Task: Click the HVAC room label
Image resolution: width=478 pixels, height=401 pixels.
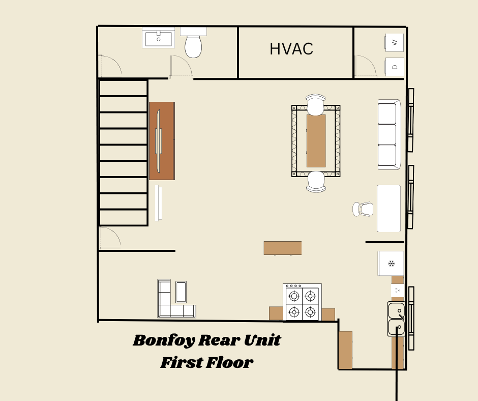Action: [x=291, y=49]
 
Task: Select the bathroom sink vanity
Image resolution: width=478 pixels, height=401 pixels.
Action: [x=158, y=38]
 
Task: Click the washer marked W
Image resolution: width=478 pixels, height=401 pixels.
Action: [x=395, y=42]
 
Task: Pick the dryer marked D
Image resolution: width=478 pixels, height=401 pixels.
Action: [x=395, y=67]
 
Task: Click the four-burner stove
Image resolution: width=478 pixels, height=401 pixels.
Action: [x=302, y=302]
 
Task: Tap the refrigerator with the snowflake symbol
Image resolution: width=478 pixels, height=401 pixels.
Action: [x=391, y=263]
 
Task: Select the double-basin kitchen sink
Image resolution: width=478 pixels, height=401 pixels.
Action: [x=396, y=319]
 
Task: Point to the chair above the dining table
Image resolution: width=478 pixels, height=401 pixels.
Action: [x=315, y=105]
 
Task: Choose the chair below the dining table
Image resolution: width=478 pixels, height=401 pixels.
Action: [x=316, y=182]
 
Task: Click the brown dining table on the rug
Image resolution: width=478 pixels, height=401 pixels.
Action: [x=316, y=141]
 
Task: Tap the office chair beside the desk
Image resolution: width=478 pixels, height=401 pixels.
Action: [x=364, y=209]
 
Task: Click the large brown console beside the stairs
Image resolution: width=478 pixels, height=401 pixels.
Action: [x=162, y=141]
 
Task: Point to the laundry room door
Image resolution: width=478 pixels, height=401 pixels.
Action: [x=366, y=67]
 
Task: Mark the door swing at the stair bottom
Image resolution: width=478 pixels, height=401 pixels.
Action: [x=109, y=238]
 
